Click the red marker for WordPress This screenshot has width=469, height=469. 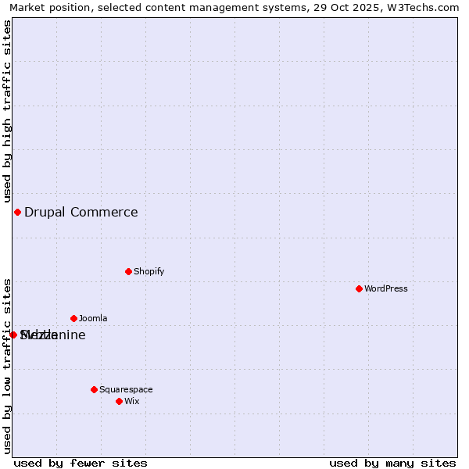(359, 289)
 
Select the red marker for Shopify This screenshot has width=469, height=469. (128, 272)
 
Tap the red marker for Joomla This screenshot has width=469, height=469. (73, 319)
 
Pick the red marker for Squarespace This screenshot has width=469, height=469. (94, 389)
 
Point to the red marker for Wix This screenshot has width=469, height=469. (119, 402)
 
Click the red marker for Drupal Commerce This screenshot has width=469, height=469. (17, 213)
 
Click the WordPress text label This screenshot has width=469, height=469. (386, 289)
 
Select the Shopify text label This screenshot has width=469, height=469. (149, 272)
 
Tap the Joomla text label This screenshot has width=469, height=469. (93, 319)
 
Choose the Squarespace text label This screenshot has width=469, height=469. (126, 389)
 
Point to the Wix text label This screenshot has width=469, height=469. (131, 402)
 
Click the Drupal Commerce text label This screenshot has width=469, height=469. (81, 213)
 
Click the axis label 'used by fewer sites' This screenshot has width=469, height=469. (81, 463)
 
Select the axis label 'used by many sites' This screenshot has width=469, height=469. (392, 463)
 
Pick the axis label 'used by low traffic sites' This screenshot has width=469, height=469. (7, 366)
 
